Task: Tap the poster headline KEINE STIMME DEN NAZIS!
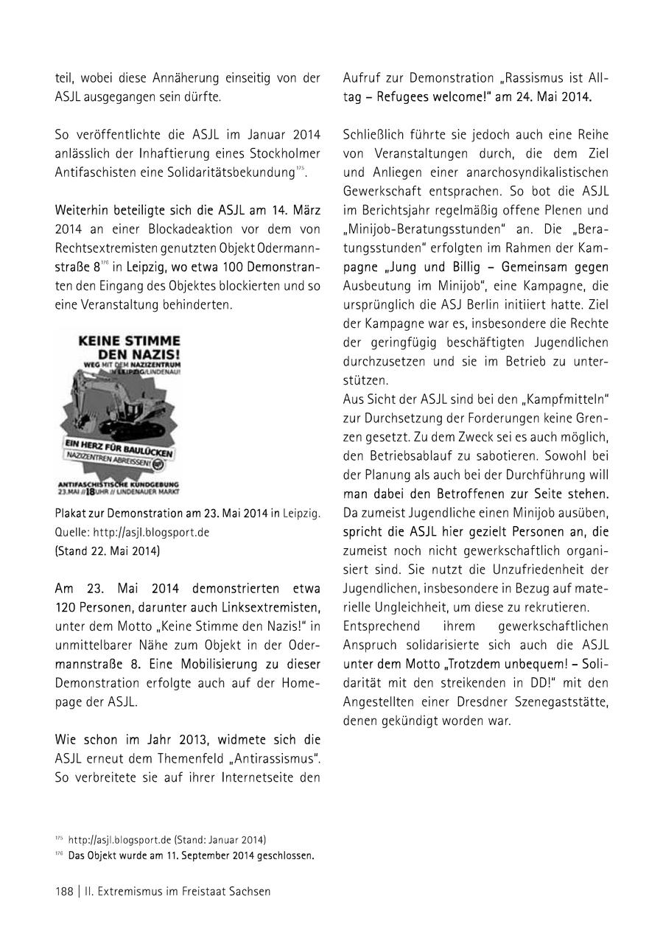[x=129, y=348]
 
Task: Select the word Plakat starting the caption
[x=71, y=514]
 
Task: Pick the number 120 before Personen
[x=66, y=607]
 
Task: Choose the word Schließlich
[x=375, y=135]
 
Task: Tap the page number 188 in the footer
[x=64, y=891]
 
